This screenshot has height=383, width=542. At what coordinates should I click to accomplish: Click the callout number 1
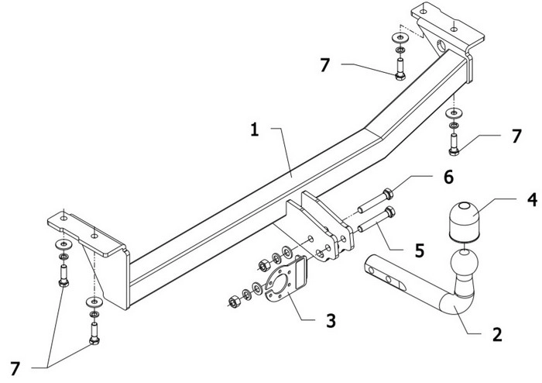(x=255, y=130)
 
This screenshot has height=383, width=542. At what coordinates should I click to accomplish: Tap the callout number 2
(x=497, y=335)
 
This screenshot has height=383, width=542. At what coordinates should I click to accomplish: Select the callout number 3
(x=331, y=321)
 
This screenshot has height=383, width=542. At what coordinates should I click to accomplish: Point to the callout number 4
(x=533, y=200)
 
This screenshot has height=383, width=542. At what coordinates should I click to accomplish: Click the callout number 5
(x=420, y=250)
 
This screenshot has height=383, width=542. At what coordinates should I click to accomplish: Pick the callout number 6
(x=448, y=177)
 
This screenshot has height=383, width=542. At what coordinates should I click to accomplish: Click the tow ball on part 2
(x=465, y=262)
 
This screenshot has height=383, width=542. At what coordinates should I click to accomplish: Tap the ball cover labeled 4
(x=465, y=222)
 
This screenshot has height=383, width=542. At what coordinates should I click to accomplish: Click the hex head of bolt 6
(x=388, y=193)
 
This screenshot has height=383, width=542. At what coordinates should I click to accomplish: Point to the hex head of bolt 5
(x=390, y=212)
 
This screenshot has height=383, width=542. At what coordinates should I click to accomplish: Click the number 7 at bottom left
(x=15, y=369)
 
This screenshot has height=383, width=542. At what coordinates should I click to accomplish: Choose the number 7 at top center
(x=325, y=65)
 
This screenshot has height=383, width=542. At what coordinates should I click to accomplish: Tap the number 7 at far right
(x=516, y=136)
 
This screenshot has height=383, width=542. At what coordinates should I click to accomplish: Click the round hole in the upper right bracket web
(x=442, y=46)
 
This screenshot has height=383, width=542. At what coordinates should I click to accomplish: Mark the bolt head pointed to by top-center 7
(x=400, y=76)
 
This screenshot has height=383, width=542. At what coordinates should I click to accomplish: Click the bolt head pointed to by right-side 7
(x=454, y=151)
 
